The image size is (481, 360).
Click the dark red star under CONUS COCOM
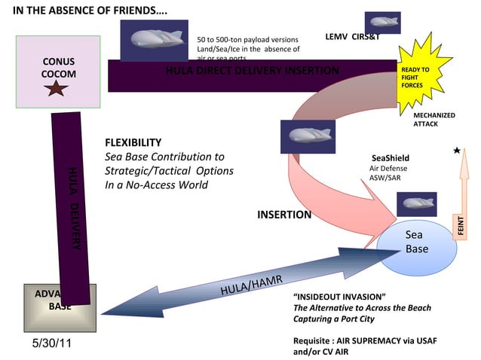tap(58, 90)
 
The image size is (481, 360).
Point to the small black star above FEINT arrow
tap(457, 151)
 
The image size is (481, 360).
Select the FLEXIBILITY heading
tap(133, 143)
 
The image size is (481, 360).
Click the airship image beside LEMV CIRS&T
tap(382, 23)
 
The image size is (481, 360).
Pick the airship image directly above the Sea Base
tap(416, 204)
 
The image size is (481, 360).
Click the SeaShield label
tap(391, 158)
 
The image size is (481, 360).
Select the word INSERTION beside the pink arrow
tap(284, 215)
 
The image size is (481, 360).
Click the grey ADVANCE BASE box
tap(60, 301)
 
